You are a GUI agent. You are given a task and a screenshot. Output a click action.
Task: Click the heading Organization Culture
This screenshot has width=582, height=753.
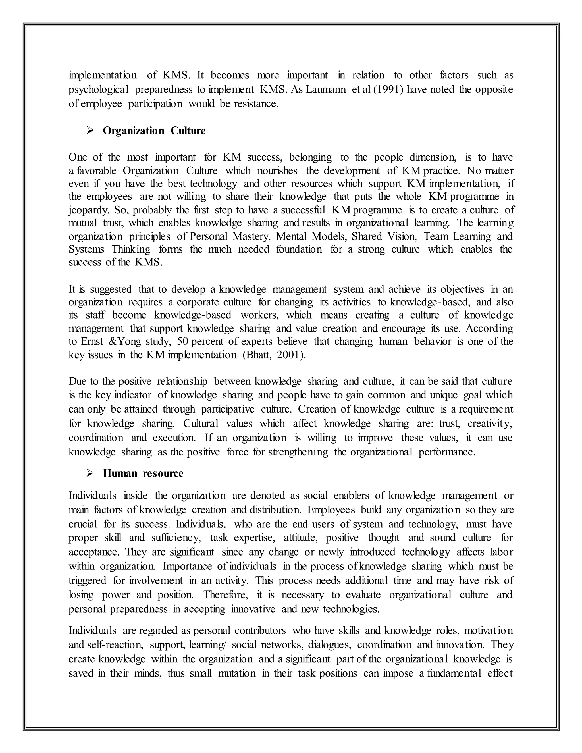pos(154,131)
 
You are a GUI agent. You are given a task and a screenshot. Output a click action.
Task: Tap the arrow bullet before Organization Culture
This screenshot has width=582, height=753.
pos(90,131)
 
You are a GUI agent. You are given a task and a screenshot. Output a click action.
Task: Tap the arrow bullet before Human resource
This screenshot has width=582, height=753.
pos(90,473)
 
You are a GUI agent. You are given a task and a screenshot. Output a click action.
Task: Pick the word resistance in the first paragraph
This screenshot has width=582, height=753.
pos(255,103)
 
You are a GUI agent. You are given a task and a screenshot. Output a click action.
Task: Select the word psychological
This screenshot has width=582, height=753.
pos(99,89)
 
